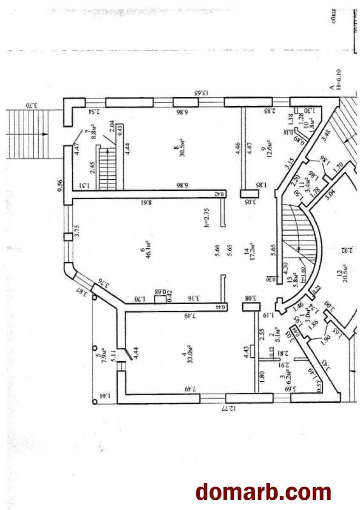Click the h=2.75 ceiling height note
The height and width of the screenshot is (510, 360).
click(x=207, y=216)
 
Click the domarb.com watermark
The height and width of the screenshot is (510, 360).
click(x=263, y=492)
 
